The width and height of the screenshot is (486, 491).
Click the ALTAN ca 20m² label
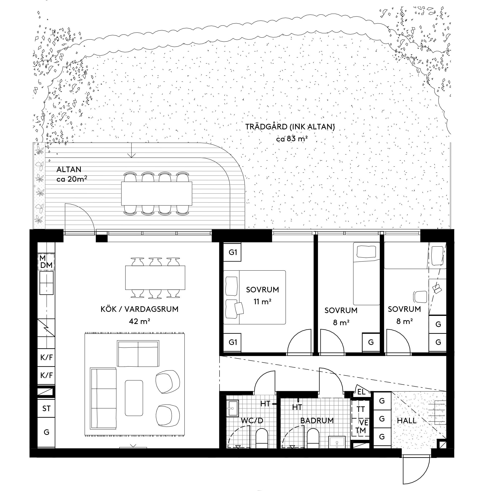pyautogui.click(x=72, y=174)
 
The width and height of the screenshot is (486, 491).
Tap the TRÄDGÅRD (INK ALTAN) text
pyautogui.click(x=290, y=127)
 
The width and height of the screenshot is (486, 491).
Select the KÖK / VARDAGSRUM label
pyautogui.click(x=140, y=309)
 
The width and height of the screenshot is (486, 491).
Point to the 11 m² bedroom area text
pyautogui.click(x=262, y=302)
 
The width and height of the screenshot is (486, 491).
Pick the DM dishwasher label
pyautogui.click(x=46, y=265)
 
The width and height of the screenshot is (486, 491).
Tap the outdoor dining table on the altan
pyautogui.click(x=157, y=193)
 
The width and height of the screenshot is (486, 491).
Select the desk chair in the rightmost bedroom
pyautogui.click(x=420, y=297)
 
